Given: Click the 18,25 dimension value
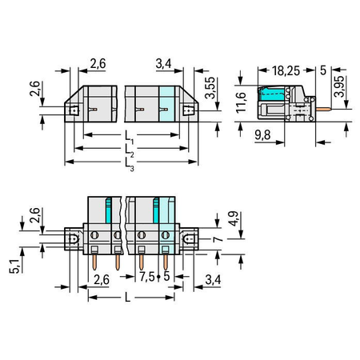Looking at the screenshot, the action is [286, 70].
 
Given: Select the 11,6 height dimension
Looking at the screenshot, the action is [241, 102].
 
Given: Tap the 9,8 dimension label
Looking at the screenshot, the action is [262, 135].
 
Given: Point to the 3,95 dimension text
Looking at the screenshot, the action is [339, 86].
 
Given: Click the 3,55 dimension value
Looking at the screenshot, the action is [210, 88].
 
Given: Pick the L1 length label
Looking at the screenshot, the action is [130, 138].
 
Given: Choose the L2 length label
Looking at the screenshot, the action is [130, 150].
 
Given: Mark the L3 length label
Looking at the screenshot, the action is [130, 164].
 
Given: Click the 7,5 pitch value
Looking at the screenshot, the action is [147, 277].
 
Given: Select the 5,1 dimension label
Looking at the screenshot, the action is [14, 266].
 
